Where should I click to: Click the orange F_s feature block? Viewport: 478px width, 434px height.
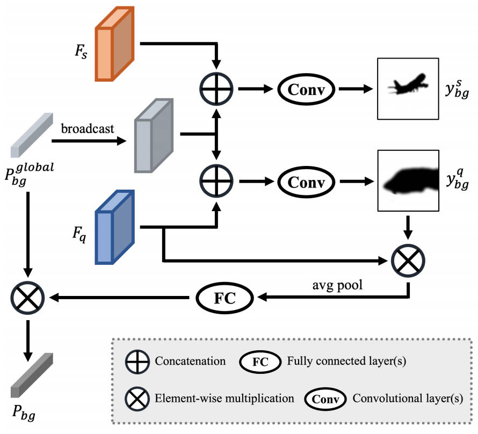[113, 44]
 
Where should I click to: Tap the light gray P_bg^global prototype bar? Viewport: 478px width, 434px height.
[32, 132]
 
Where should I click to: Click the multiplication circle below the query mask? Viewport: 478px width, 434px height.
[409, 261]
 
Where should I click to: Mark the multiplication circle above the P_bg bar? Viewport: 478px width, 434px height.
[28, 296]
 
